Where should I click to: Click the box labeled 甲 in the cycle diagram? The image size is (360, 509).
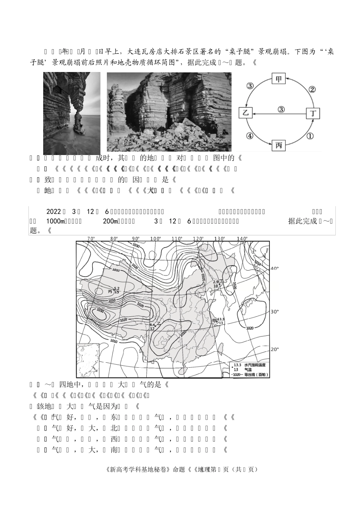click(x=279, y=79)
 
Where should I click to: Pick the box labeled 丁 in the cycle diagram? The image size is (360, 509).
click(x=313, y=113)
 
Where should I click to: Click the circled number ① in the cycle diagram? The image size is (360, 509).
click(x=310, y=136)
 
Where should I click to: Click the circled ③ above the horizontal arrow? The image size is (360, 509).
click(x=281, y=109)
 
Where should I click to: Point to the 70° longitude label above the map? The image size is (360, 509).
click(x=91, y=238)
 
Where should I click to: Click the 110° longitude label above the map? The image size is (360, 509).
click(x=177, y=238)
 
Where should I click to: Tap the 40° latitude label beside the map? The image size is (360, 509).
click(x=274, y=268)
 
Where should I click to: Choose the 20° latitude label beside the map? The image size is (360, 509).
click(x=274, y=349)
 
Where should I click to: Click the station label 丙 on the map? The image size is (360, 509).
click(x=110, y=292)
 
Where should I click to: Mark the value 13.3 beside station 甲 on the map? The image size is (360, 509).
click(x=221, y=319)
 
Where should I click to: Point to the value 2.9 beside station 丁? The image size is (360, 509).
click(x=216, y=282)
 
